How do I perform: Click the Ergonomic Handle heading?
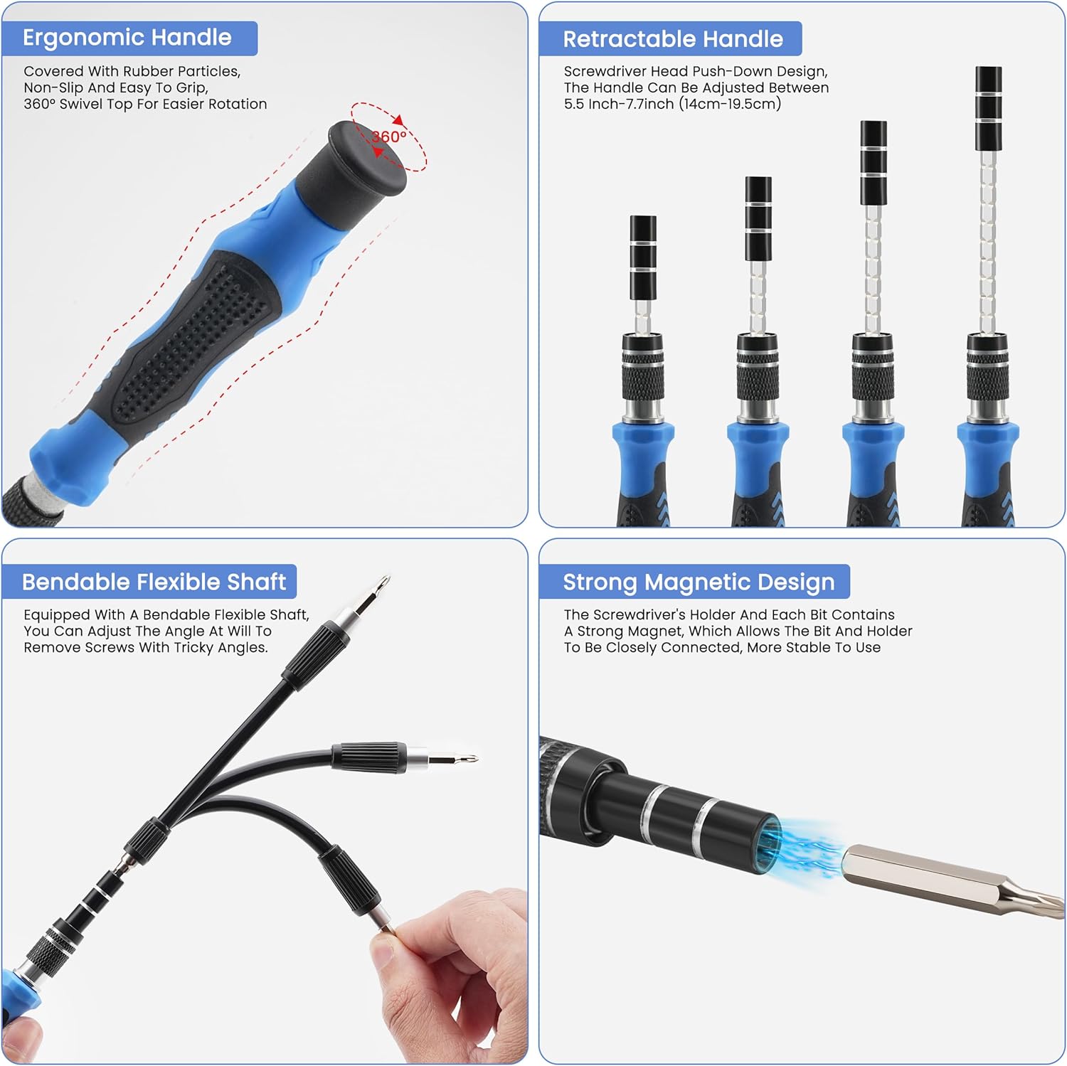tap(127, 38)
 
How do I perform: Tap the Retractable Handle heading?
tap(672, 39)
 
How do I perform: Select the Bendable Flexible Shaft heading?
tap(154, 582)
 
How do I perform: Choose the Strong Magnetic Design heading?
tap(699, 582)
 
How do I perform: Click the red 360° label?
tap(389, 137)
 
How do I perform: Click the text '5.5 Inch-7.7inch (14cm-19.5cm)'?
tap(672, 105)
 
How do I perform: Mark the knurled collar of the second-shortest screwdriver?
tap(758, 377)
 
